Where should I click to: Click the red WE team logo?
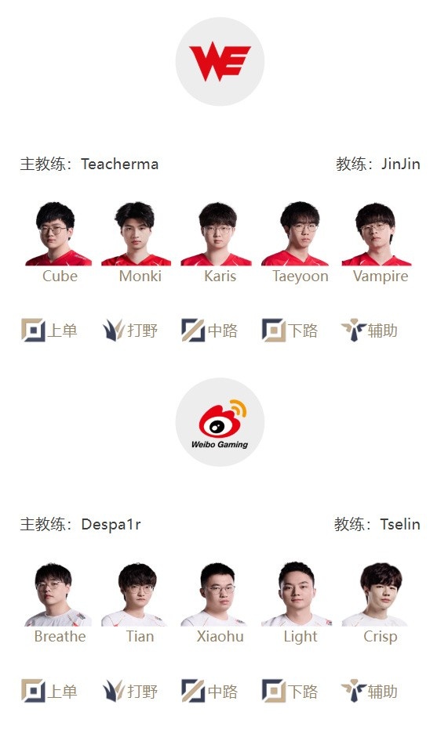pos(220,61)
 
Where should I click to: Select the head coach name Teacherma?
pos(120,164)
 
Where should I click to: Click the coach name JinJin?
pos(400,164)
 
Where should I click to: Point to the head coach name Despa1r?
pos(111,524)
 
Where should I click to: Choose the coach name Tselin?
pos(400,524)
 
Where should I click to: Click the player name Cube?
pos(60,276)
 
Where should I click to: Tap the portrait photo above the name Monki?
pos(136,233)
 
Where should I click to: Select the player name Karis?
pos(220,276)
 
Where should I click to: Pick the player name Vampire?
pos(381,276)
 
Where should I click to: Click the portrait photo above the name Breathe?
pos(57,594)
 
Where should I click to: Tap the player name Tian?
pos(140,637)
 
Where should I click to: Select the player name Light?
pos(300,637)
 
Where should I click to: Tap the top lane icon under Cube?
pos(33,330)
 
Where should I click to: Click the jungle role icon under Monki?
pos(113,330)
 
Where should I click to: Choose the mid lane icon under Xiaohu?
pos(193,690)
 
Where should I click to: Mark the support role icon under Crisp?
pos(353,690)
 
